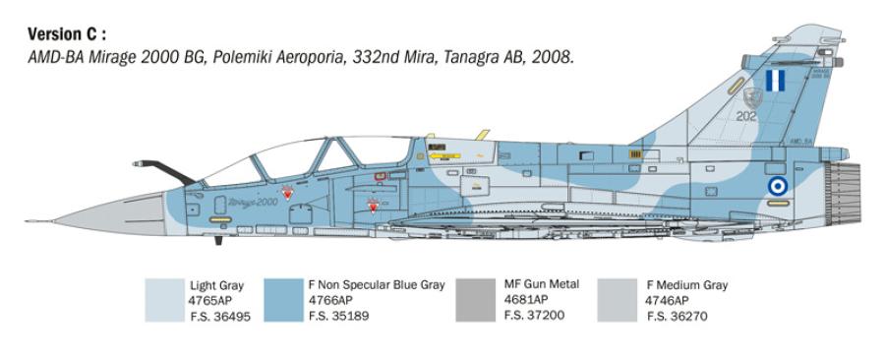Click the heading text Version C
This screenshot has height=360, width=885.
[x=67, y=34]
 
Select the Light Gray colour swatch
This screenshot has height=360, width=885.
[x=163, y=300]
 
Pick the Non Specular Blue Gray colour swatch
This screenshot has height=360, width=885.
[x=283, y=300]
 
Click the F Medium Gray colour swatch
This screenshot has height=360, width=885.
[x=618, y=300]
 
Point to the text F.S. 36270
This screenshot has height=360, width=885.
[x=677, y=317]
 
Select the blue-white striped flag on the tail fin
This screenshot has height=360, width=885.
[x=775, y=82]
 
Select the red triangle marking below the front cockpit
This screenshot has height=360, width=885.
[x=286, y=193]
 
